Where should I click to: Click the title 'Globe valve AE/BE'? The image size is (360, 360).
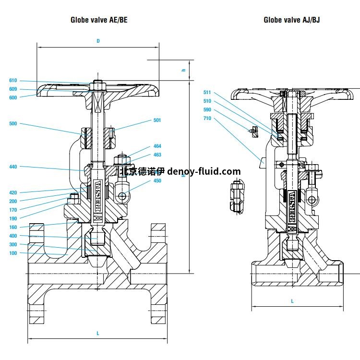point(99,20)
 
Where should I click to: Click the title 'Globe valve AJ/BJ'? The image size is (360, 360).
point(292,20)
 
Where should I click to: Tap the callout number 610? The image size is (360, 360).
point(13,81)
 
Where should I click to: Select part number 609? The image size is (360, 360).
point(13,89)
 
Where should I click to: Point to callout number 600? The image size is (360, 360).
point(13,97)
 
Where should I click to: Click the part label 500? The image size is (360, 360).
point(13,124)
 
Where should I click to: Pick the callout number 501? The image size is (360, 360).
point(157,120)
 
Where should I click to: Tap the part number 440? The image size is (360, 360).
point(13,167)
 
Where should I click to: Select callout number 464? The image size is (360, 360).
point(157,146)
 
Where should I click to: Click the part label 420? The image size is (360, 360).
point(13,192)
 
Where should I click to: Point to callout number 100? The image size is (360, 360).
point(13,253)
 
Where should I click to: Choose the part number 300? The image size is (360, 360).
point(13,244)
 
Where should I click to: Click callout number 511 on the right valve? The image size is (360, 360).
point(207,92)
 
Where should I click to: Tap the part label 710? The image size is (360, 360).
point(207,118)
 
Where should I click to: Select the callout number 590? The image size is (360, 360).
point(207,109)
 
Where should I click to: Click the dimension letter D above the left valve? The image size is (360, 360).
point(98,41)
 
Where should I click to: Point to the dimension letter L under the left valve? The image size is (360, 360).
point(98,333)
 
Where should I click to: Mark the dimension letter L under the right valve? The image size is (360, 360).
point(292,301)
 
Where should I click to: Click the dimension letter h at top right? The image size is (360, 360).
point(183,70)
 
